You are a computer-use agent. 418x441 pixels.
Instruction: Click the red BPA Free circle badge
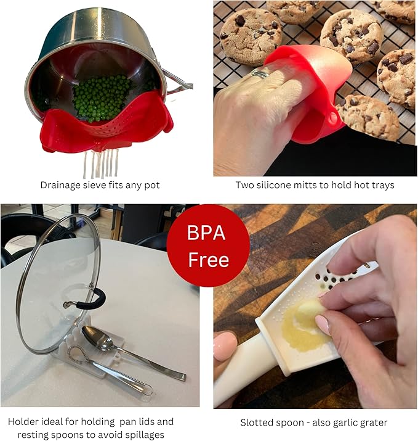pos(209,245)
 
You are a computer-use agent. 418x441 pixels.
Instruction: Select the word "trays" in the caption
pos(382,184)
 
